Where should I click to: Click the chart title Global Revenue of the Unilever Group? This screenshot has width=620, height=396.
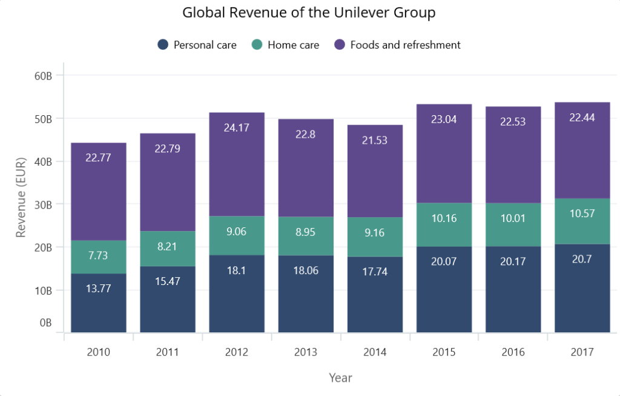click(309, 13)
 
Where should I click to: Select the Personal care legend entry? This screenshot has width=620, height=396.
click(197, 45)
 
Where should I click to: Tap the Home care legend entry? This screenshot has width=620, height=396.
click(285, 45)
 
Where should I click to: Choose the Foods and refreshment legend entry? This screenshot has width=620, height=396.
click(397, 45)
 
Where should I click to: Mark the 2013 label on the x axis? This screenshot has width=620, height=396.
click(306, 352)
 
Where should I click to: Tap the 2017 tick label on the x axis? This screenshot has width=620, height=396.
click(582, 352)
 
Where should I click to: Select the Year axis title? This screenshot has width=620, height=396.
click(340, 378)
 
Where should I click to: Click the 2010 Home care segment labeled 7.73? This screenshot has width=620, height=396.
click(99, 257)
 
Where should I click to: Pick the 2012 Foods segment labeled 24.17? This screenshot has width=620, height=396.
click(237, 164)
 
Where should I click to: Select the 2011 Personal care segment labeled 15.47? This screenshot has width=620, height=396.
click(168, 299)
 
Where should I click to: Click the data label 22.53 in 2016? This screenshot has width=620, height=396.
click(513, 121)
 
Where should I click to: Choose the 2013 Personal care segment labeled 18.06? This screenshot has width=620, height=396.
click(306, 294)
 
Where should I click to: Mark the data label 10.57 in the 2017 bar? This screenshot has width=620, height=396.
click(582, 213)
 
